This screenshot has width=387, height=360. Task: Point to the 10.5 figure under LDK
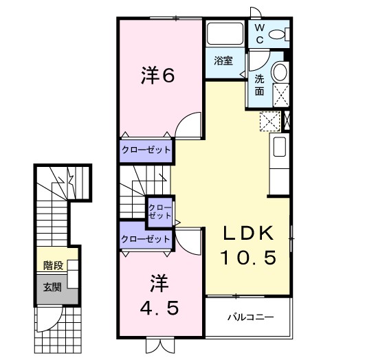point(248,258)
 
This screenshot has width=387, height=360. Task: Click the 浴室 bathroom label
point(223,60)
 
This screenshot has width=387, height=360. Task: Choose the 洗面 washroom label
point(259,84)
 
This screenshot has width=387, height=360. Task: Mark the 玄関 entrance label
point(52,286)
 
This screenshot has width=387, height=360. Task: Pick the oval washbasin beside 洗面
point(280,72)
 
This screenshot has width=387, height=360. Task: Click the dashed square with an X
point(269,120)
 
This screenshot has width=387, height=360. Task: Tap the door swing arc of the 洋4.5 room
point(188,240)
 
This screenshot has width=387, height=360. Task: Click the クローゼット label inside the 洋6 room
point(146,149)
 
